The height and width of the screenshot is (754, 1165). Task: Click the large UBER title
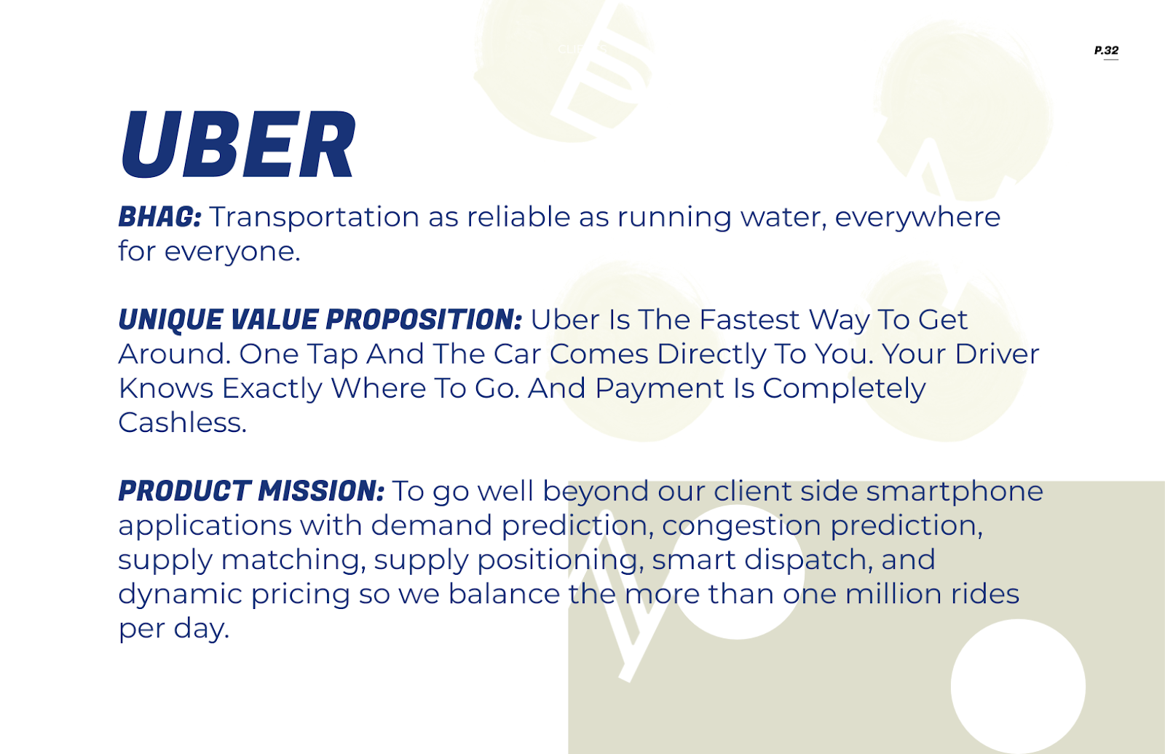(238, 144)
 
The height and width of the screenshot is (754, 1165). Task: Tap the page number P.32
(1106, 50)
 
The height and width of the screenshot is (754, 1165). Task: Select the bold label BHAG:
(159, 216)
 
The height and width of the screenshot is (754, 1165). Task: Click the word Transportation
(314, 217)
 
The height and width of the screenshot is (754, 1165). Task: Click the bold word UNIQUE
(170, 320)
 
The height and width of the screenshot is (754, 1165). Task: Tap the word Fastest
(749, 320)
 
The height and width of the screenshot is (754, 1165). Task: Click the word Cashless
(183, 423)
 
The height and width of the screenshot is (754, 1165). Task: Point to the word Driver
(997, 354)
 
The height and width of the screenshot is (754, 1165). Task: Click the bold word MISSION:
(321, 491)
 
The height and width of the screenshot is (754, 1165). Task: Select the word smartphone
(955, 492)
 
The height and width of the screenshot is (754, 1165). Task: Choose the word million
(893, 594)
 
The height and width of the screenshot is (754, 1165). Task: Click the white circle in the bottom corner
(1018, 686)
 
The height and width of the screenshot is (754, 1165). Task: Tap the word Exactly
(272, 389)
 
